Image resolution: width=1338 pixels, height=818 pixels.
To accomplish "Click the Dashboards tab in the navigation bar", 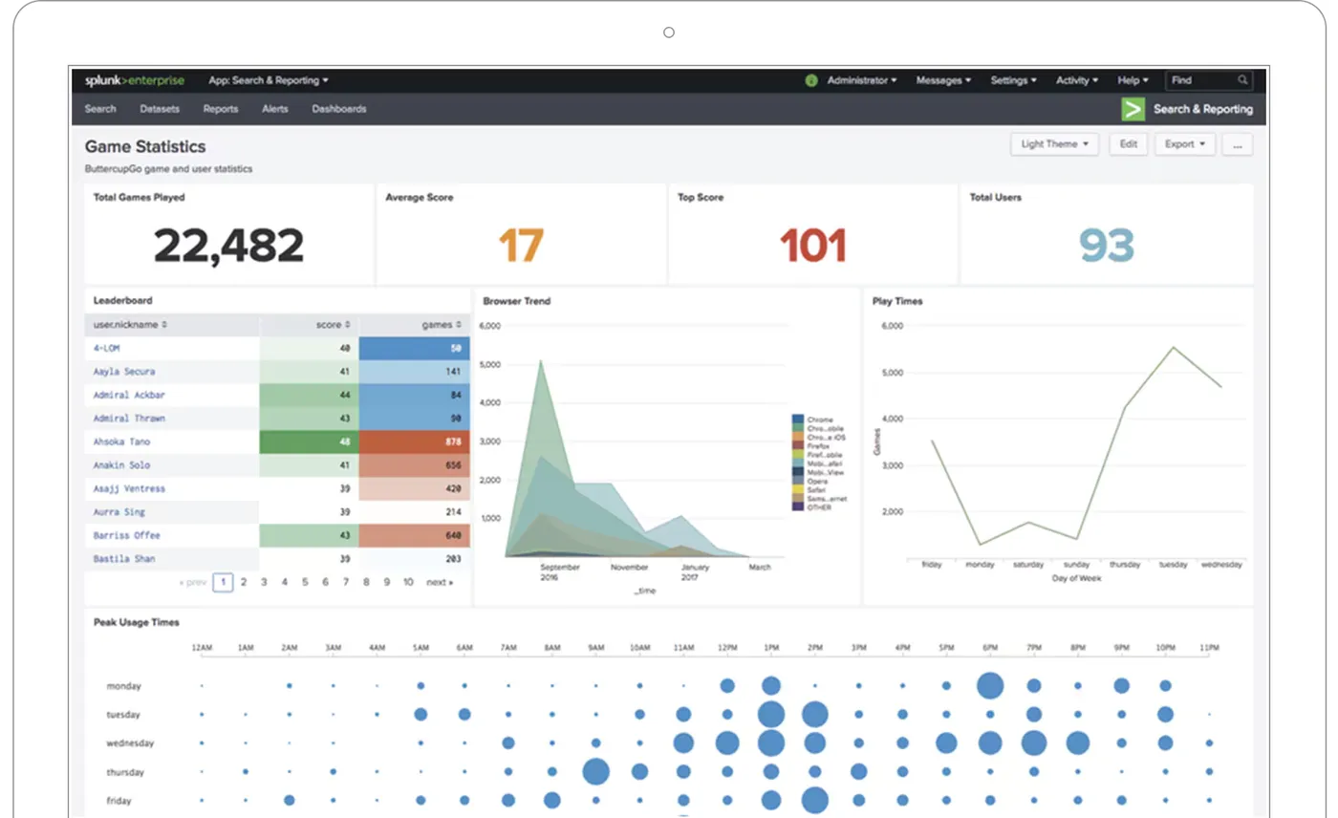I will [x=338, y=109].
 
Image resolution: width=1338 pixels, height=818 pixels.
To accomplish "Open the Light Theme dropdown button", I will [x=1054, y=144].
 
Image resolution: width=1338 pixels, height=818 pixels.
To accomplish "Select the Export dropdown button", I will [x=1184, y=144].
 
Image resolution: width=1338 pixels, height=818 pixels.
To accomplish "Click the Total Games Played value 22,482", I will [x=228, y=246].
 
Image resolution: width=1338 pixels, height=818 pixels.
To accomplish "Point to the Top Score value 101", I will [x=813, y=246].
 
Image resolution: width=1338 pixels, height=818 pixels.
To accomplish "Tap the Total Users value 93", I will [x=1106, y=246].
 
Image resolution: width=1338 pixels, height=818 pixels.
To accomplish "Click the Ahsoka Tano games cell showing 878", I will [x=415, y=441].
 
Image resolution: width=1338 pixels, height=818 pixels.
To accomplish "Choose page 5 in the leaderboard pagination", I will [x=305, y=582].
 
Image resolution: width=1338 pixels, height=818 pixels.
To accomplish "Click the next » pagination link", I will [x=440, y=582].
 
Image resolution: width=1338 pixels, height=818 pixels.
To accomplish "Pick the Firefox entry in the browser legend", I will [x=817, y=446].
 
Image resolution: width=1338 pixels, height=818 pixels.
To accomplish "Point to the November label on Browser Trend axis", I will [x=630, y=568].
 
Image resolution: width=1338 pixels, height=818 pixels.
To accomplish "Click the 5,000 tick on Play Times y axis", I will [x=890, y=373].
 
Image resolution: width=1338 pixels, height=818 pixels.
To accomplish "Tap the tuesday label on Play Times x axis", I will [x=1174, y=565].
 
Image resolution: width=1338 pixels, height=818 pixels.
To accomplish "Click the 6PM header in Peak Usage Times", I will [x=989, y=648].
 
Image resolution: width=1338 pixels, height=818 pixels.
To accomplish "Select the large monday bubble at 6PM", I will [x=990, y=685].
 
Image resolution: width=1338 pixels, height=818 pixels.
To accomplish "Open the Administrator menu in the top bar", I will [x=860, y=80].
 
